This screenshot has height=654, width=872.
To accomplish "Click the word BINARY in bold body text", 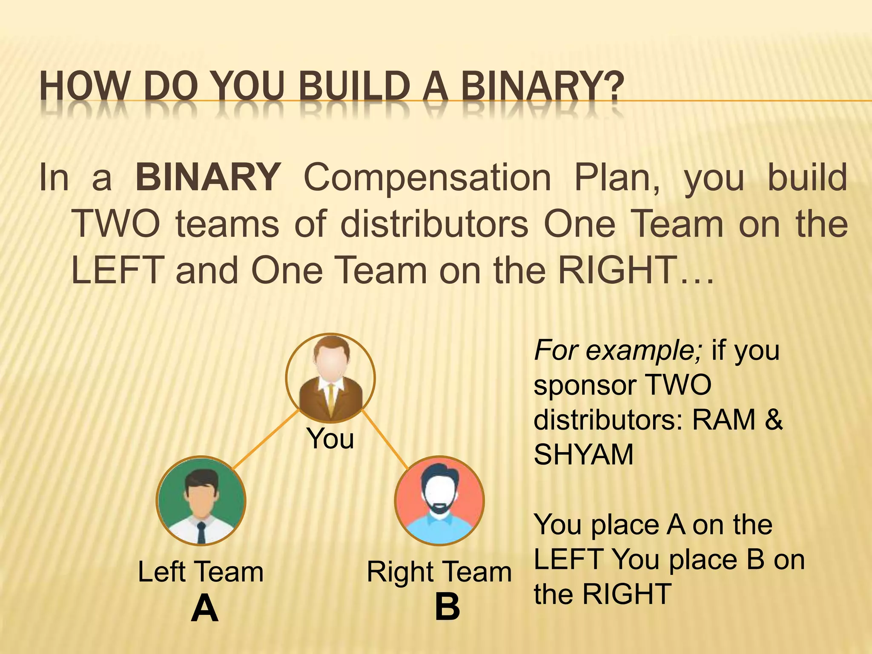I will [208, 178].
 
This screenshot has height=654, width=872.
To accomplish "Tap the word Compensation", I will [427, 178].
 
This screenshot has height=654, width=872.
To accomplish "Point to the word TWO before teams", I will [116, 224].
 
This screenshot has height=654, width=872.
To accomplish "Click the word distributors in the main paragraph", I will [434, 224].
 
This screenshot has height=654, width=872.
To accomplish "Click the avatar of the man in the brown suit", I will [330, 378].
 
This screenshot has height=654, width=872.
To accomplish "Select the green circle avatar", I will [201, 501].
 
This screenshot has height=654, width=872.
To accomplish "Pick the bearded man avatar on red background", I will [439, 501].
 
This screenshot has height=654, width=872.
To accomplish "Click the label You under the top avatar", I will [330, 439].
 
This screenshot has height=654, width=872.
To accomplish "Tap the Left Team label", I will [201, 572].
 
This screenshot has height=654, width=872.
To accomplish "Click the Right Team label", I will [439, 572].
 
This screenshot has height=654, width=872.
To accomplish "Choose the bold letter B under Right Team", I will [447, 607].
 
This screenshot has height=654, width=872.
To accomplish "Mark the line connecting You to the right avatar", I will [385, 440].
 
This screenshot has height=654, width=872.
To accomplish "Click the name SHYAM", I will [584, 455].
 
